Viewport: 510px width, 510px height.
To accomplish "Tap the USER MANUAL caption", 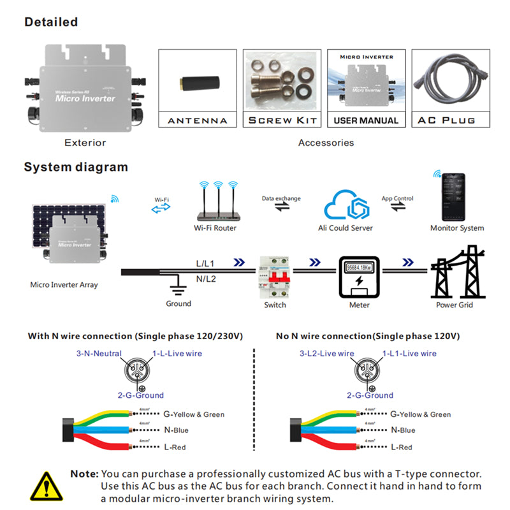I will click(366, 120).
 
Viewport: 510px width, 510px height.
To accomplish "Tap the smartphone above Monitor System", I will click(454, 196).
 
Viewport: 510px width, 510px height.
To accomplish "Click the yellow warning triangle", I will click(45, 486).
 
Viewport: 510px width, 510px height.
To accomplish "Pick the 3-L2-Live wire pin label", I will click(326, 353).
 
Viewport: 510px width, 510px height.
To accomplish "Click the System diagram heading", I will click(76, 168).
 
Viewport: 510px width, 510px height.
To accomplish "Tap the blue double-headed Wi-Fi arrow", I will click(161, 209).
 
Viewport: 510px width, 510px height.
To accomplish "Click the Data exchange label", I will click(281, 199).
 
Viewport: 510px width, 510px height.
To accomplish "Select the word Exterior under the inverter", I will click(85, 143).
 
